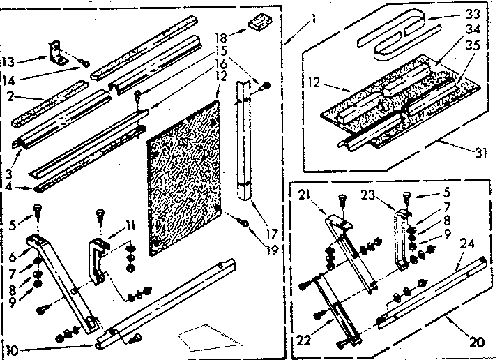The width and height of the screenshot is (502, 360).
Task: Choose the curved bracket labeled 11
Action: coord(99,258)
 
